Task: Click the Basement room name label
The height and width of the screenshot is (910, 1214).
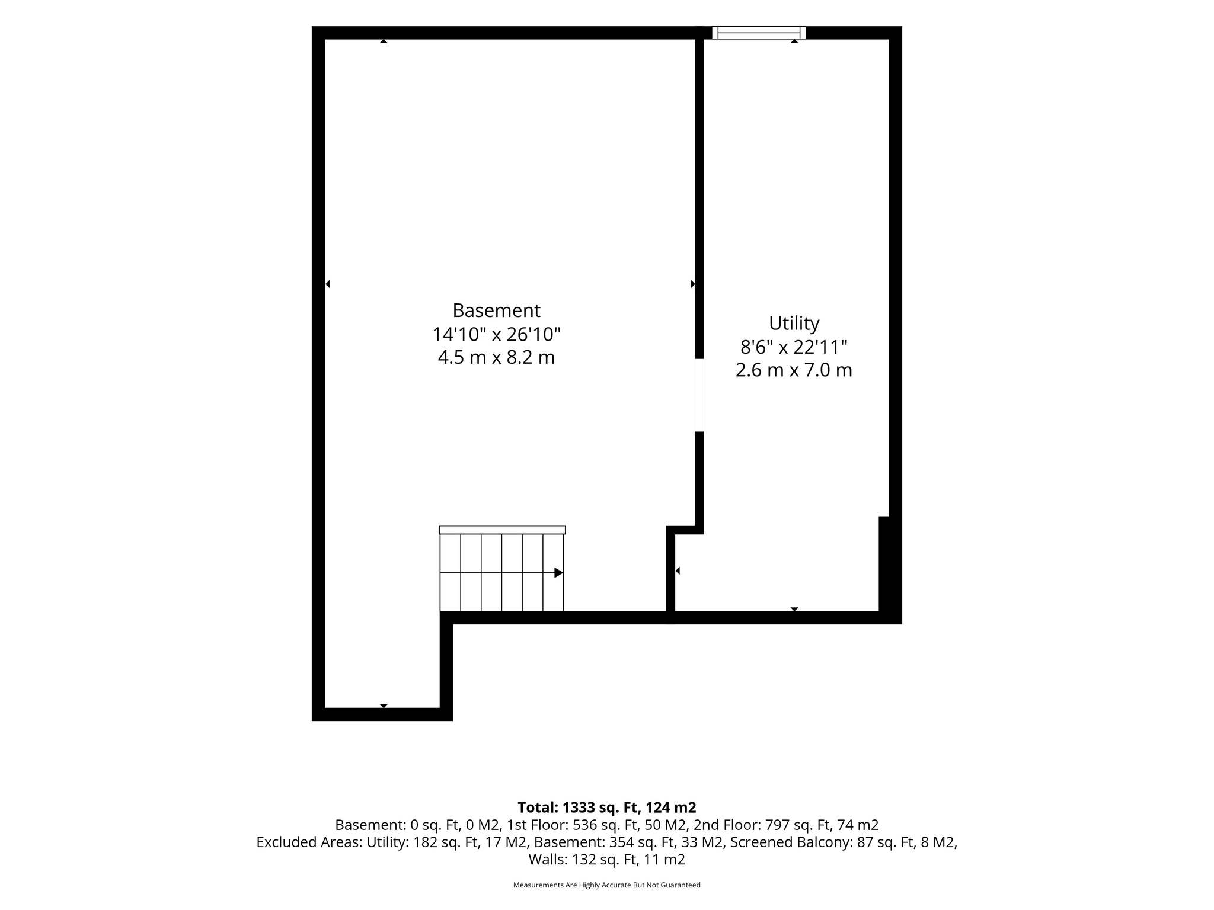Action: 496,310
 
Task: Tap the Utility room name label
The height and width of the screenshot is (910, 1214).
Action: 794,323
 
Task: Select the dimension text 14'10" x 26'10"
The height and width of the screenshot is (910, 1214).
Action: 496,335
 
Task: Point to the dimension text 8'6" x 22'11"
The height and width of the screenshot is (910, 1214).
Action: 794,347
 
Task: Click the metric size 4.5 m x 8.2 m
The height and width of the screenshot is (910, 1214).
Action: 496,358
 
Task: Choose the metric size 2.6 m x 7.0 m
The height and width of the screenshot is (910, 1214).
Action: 794,370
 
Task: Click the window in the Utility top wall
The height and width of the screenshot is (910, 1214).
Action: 759,33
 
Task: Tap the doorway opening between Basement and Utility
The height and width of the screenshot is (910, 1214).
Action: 699,395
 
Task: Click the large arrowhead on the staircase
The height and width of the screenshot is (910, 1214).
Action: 558,573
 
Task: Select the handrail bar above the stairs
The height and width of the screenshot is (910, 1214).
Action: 502,530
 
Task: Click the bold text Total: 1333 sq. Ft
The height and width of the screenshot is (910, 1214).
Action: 579,808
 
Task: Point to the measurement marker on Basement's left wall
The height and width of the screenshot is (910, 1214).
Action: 327,284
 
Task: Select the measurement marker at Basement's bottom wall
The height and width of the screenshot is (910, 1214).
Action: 384,706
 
